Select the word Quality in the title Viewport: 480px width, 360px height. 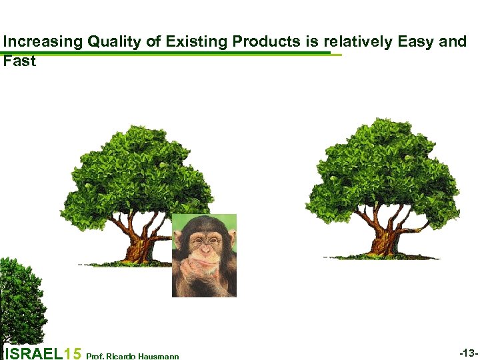(115, 42)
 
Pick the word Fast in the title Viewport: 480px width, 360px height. (19, 61)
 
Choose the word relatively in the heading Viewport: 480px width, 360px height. (359, 42)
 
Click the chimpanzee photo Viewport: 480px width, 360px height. (204, 255)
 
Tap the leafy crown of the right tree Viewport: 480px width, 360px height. (383, 167)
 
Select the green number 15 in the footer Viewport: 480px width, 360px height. (74, 354)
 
